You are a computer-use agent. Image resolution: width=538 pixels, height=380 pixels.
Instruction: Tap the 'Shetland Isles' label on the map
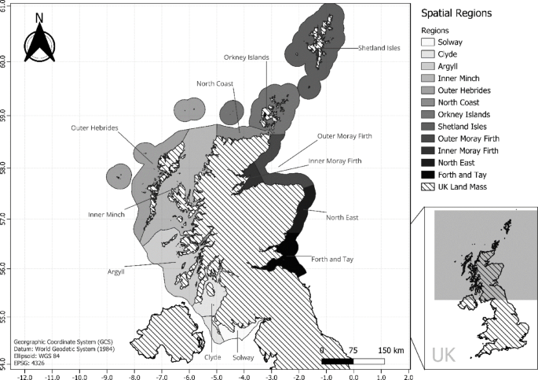click(x=379, y=48)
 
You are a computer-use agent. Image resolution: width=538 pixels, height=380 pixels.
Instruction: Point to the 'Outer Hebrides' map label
click(x=94, y=127)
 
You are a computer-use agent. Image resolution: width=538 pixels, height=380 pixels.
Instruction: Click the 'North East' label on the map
click(x=344, y=217)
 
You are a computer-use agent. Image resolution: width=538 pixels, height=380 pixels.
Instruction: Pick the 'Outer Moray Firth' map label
click(x=344, y=135)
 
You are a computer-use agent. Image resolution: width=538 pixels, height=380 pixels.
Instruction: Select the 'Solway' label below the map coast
click(x=244, y=356)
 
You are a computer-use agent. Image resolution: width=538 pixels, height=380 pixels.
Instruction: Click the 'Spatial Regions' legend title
click(x=456, y=14)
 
